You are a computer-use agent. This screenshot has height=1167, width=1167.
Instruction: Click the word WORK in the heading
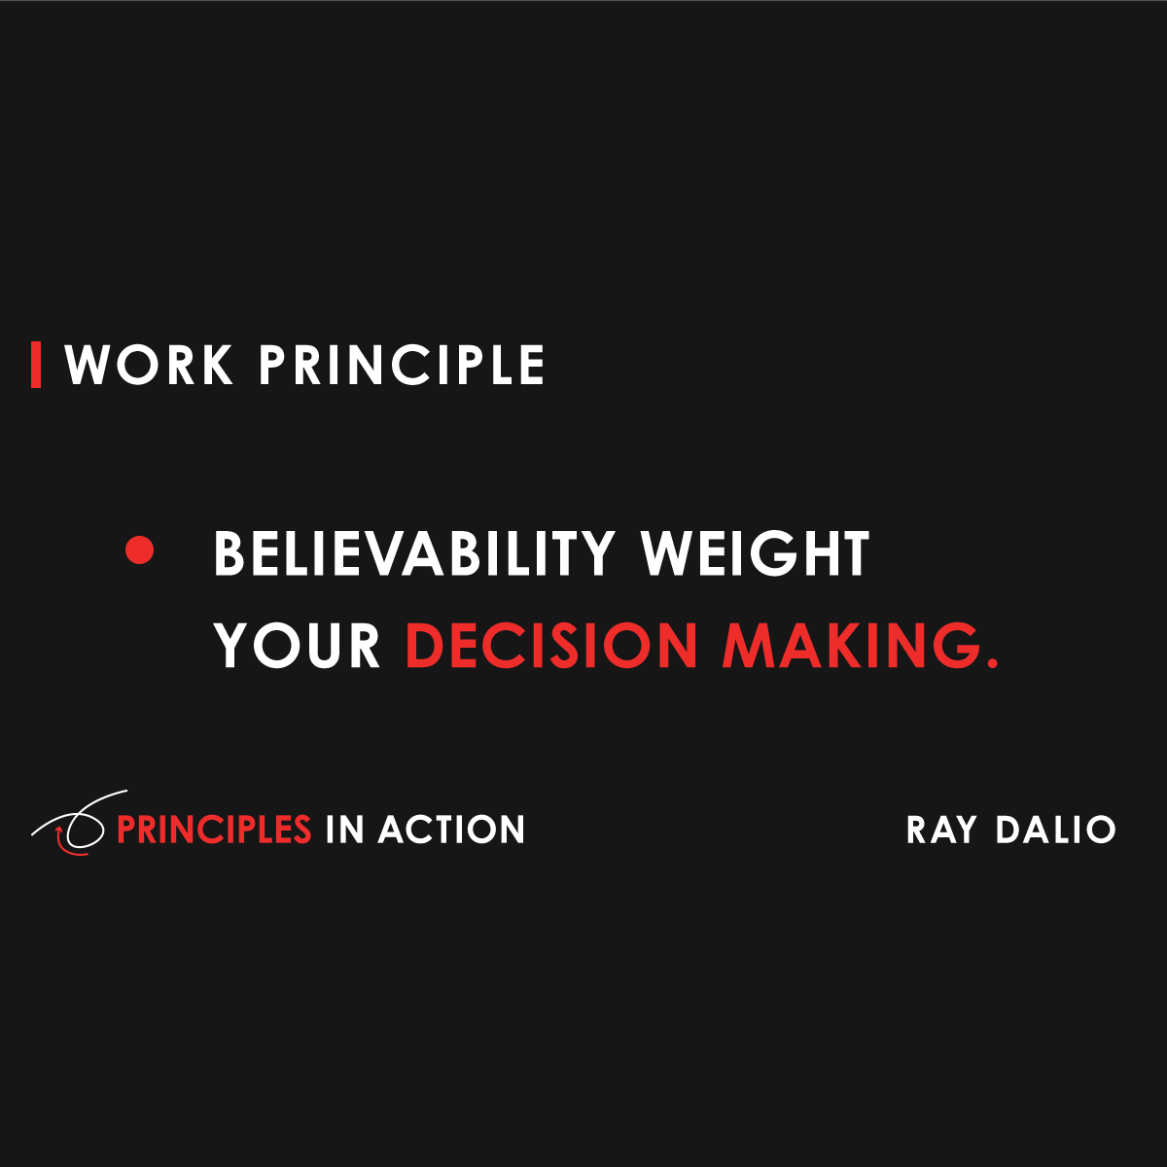point(149,366)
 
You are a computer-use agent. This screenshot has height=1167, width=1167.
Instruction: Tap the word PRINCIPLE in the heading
point(401,366)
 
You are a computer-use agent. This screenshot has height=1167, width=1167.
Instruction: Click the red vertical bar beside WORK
point(36,365)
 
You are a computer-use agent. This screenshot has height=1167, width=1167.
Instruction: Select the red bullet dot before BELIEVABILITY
point(140,550)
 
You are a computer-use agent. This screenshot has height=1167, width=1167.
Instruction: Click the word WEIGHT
point(755,554)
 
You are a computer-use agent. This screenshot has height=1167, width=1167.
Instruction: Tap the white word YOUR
point(298,646)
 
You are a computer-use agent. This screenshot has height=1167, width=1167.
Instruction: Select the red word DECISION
point(551,646)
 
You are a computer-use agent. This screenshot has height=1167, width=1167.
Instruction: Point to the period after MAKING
point(992,663)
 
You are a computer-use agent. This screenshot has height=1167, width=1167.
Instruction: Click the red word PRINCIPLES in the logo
point(214,830)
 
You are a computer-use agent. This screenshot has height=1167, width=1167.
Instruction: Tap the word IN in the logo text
point(344,830)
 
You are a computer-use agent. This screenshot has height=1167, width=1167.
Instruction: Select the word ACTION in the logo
point(451,830)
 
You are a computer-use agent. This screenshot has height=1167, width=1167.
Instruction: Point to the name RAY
point(940,830)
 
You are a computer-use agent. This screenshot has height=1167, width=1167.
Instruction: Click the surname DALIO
point(1055,830)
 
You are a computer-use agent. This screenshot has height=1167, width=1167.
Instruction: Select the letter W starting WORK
point(88,366)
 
